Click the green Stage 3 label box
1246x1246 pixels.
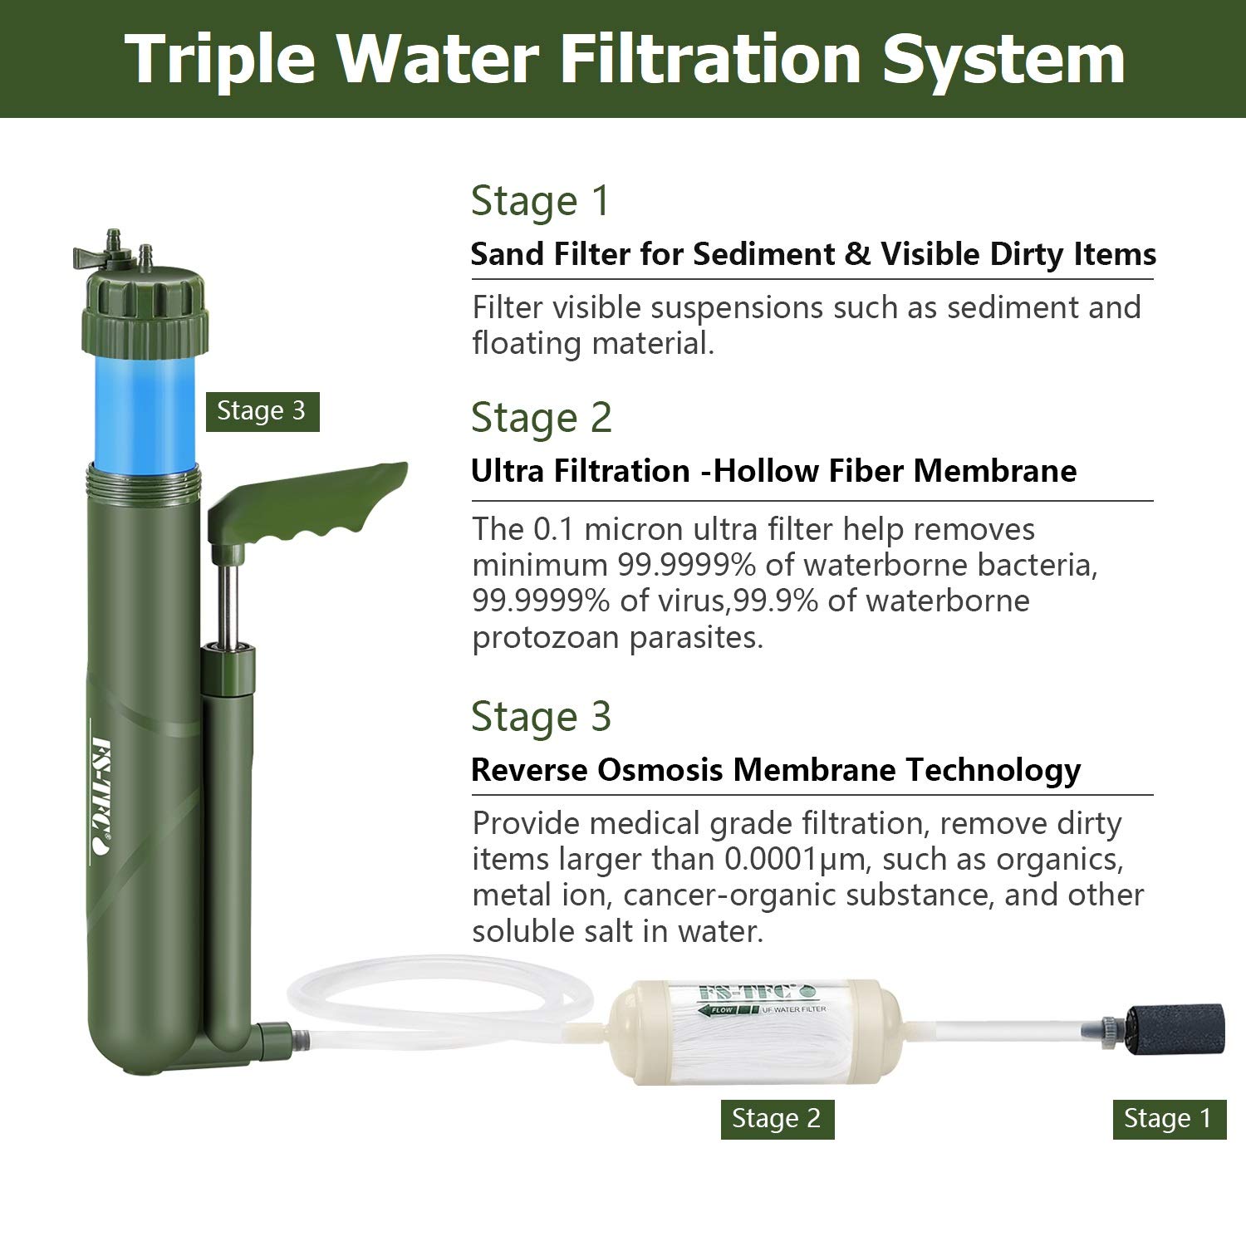(262, 411)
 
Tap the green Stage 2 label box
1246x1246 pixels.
(776, 1118)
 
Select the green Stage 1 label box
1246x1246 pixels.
(1169, 1118)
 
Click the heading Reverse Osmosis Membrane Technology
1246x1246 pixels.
(775, 770)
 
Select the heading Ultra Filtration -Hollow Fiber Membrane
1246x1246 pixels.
(773, 471)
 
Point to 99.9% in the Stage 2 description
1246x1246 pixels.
(782, 601)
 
